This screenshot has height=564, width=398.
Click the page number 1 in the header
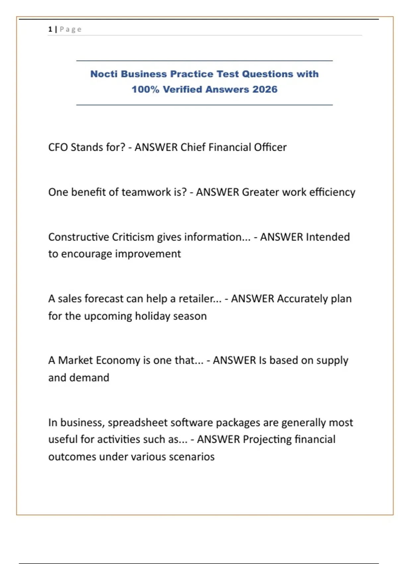point(50,29)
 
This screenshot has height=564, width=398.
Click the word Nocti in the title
point(104,74)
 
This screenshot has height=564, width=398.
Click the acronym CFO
point(58,147)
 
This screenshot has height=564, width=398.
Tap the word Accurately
point(302,299)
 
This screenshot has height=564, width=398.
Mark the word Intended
point(328,237)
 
